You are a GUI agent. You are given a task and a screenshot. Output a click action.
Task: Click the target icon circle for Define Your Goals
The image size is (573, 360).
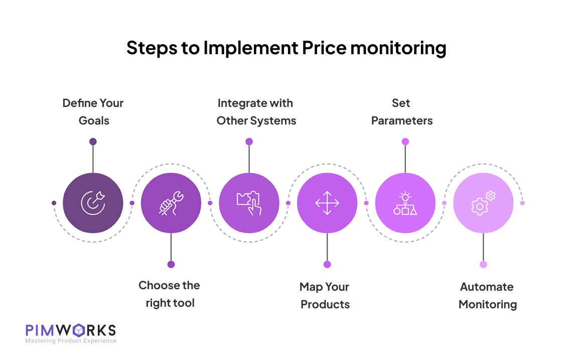coord(93,203)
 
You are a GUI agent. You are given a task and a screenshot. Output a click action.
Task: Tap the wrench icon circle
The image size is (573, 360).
coord(171,203)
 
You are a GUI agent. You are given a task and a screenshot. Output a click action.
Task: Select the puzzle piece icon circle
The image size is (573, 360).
coord(249,203)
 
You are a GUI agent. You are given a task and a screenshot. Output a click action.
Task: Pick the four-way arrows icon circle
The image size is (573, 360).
coord(327,203)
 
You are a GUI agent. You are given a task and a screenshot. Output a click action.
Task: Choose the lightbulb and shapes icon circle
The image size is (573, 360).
coord(405,203)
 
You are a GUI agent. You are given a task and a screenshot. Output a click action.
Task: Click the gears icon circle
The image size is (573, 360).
coord(483,203)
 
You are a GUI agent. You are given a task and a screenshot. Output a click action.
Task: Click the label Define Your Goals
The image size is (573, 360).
coord(93,111)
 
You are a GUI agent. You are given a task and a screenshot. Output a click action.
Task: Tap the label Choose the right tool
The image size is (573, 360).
coord(170,294)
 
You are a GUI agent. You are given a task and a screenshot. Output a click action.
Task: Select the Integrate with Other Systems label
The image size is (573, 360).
coord(256,111)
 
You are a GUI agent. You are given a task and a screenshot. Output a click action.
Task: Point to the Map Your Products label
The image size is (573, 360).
coord(325,295)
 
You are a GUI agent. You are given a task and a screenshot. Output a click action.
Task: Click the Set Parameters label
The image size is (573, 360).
coord(401,111)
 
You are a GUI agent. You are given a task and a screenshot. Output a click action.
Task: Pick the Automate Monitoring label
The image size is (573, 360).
coord(487,295)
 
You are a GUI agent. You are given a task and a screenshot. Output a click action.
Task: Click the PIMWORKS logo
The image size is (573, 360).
coord(71,330)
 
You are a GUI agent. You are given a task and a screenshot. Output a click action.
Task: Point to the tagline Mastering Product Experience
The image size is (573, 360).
coord(71,341)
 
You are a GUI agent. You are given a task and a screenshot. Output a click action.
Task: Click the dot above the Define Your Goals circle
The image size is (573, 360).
coord(93,142)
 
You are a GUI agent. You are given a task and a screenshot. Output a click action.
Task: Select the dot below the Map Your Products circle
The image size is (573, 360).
coord(327,264)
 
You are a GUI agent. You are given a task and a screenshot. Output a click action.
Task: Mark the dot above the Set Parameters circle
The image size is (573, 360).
coord(405,142)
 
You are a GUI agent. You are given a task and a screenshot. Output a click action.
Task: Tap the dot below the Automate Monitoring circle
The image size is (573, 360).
coord(483,264)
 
